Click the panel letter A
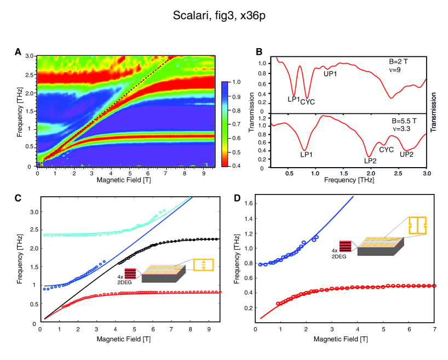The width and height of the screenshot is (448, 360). point(18,52)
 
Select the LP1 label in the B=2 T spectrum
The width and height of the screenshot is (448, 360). point(294,99)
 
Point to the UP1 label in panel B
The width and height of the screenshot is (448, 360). point(330,73)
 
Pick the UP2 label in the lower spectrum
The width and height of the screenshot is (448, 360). point(407,155)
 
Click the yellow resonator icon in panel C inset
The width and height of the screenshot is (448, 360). point(202,265)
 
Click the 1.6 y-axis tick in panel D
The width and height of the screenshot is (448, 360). point(247,203)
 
